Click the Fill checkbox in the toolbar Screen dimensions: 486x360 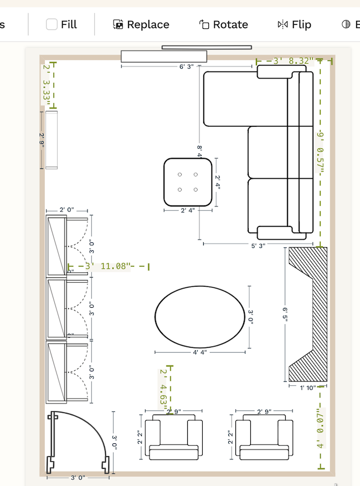tap(52, 24)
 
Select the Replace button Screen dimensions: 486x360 tap(141, 24)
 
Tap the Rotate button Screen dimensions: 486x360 tap(223, 24)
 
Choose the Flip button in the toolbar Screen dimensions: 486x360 tap(294, 24)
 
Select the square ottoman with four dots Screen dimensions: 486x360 tap(188, 182)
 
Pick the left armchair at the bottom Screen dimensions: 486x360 tap(173, 440)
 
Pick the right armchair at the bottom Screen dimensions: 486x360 tap(264, 440)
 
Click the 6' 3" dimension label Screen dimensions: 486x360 tap(186, 67)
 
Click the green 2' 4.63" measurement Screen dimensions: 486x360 tap(164, 389)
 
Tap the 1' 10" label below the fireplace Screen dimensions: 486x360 tap(307, 387)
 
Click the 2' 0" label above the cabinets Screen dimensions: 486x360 tap(66, 210)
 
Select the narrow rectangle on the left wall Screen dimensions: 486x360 tap(52, 139)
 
